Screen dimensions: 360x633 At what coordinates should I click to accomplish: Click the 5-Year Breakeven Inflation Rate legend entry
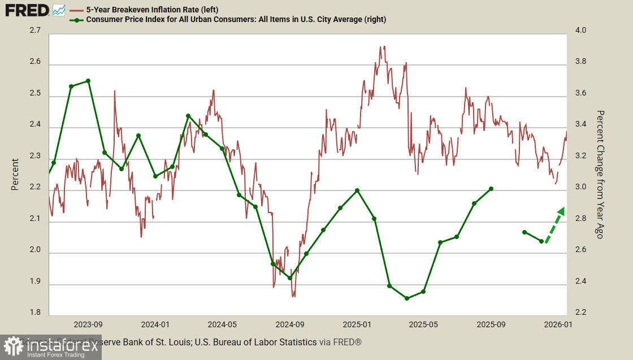click(x=152, y=10)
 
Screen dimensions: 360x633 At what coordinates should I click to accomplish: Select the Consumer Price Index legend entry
click(x=236, y=20)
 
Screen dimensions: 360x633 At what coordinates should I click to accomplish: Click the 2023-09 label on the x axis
click(x=88, y=325)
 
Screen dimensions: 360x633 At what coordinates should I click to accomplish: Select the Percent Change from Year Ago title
click(x=600, y=174)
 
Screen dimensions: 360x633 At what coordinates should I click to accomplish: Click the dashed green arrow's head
click(x=561, y=210)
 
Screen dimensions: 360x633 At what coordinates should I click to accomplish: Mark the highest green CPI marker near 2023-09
click(x=88, y=81)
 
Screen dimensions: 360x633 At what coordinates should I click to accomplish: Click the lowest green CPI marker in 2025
click(x=406, y=298)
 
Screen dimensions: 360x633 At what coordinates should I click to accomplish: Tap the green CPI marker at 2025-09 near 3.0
click(x=491, y=189)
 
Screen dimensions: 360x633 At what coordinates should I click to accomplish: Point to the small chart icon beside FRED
click(x=59, y=10)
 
